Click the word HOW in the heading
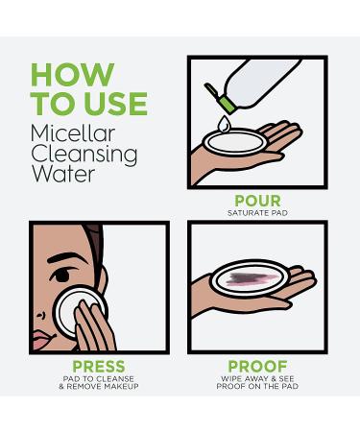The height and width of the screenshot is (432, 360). click(x=72, y=74)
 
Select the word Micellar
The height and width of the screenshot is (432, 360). click(x=73, y=133)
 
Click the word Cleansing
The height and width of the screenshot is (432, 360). click(x=84, y=156)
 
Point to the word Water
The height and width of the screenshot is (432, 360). click(x=63, y=174)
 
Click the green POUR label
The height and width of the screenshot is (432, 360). click(x=257, y=201)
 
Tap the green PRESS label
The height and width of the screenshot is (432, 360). click(x=99, y=367)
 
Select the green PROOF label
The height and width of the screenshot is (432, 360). click(x=257, y=367)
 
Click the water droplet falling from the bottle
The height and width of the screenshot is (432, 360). click(x=224, y=124)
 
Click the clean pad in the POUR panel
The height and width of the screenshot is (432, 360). click(x=235, y=142)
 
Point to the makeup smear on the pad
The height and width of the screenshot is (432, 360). click(x=252, y=278)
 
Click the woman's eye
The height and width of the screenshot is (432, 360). click(x=62, y=275)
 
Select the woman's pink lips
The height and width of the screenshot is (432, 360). click(x=42, y=340)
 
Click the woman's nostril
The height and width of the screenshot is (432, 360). click(x=40, y=316)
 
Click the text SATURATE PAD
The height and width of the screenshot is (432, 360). click(x=257, y=213)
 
